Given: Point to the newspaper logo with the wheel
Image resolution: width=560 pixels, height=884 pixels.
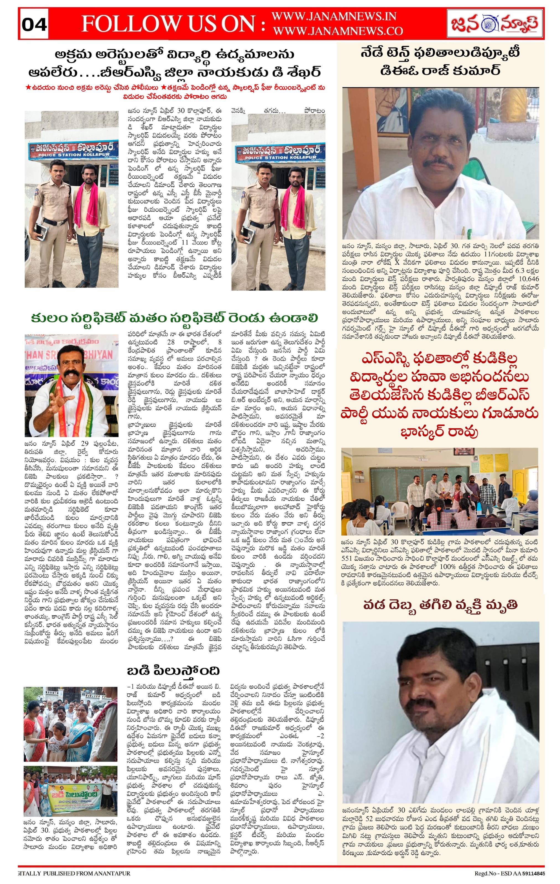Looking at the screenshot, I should point(495,24).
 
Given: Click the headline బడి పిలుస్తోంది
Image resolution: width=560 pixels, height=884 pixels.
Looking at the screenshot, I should point(173,671).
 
